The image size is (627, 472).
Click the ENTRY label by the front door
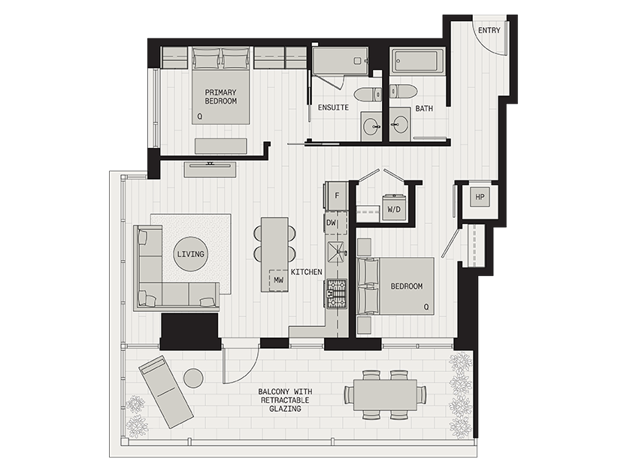pos(489,30)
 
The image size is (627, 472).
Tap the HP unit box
pos(480,197)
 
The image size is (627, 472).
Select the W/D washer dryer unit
pos(393,207)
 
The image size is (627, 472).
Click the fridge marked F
pos(337,196)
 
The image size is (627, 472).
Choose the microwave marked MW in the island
pos(279,280)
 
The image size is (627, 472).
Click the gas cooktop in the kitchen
pos(337,294)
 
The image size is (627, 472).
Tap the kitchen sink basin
pos(337,253)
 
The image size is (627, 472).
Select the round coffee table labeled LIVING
pos(191,254)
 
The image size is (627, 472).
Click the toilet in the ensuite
pos(368,94)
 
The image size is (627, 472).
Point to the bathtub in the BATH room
pos(418,61)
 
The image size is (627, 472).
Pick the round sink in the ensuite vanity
pos(372,127)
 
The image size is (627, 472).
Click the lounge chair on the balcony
pos(166,392)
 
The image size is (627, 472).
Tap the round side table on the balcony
pos(194,377)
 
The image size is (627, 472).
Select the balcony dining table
pos(385,395)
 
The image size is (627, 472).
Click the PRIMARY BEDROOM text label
pos(221,97)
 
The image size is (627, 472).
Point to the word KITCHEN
pos(306,272)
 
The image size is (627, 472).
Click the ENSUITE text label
pos(333,107)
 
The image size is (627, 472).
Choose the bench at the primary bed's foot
pos(221,146)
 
